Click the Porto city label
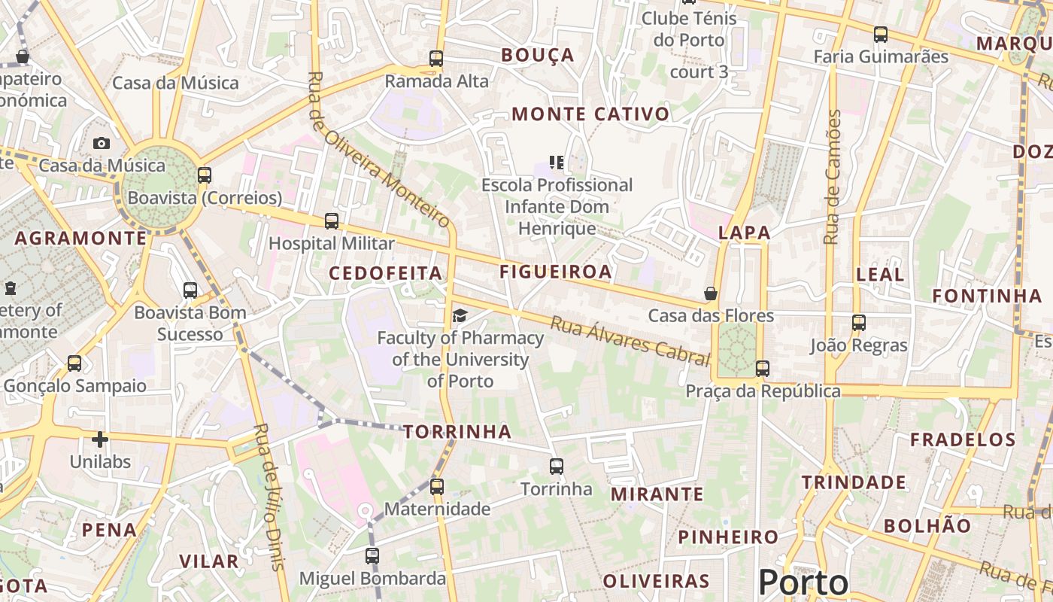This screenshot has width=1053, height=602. coord(803,582)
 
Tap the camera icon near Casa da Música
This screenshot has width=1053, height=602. coord(102,143)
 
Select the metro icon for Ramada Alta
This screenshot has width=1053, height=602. coord(436,58)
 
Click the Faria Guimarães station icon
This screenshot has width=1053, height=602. coord(880,34)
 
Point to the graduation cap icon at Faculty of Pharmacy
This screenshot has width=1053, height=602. coord(460,315)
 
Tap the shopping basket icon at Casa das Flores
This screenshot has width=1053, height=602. coord(710,293)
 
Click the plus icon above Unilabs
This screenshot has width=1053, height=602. coord(100,439)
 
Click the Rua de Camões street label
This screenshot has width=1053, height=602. coord(831,177)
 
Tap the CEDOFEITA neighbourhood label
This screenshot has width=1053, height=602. coord(386,273)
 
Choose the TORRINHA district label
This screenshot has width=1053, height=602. coord(457,431)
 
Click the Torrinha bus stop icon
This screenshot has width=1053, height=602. coord(557,467)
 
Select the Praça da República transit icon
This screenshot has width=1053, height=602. coord(763,369)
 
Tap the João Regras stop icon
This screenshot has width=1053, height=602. coord(859,323)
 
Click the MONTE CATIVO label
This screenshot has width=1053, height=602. coord(590,114)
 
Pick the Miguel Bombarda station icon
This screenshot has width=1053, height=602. coord(372,556)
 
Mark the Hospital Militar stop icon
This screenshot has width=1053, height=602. coord(332,221)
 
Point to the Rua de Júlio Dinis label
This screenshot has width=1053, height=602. coord(270,497)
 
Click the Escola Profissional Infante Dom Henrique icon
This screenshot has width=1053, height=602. coord(557,162)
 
